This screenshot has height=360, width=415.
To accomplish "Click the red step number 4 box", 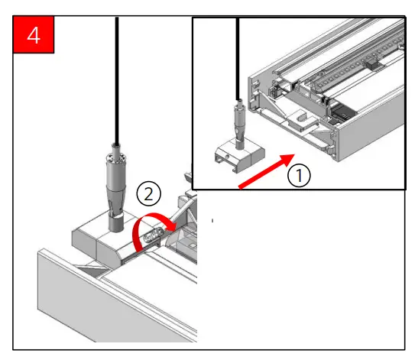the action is point(34,34).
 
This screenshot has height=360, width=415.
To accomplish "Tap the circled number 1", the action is point(299,175).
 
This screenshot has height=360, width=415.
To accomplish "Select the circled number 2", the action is point(149,194).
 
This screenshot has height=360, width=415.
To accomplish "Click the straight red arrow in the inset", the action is point(267,171).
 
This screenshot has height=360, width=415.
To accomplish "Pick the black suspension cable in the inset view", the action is point(238,59).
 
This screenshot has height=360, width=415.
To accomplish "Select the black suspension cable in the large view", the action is point(117,80).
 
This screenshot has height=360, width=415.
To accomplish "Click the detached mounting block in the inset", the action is point(239,155).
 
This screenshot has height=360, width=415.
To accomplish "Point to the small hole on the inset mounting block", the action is point(227,157).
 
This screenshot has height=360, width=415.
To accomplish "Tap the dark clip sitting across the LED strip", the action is point(373,64).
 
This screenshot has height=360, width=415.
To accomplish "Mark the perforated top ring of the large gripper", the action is point(115,157).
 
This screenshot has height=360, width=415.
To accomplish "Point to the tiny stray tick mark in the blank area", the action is point(212,220).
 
